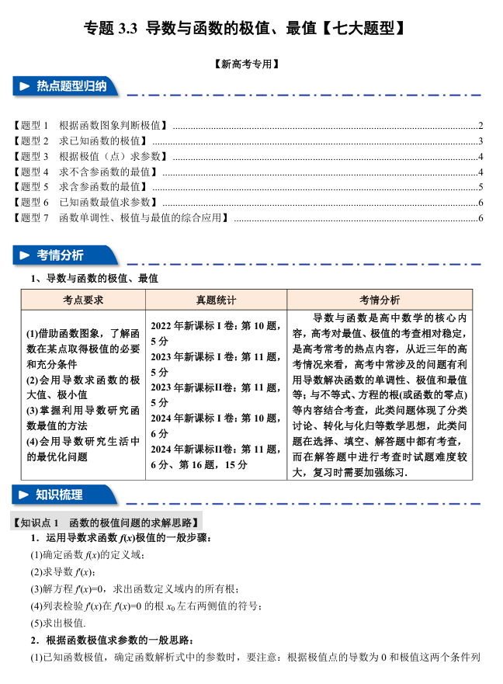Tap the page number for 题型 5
pos(481,186)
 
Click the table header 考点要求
pos(83,300)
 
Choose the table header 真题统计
pos(215,300)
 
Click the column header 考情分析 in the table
pos(380,300)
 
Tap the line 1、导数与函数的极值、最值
pos(93,277)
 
